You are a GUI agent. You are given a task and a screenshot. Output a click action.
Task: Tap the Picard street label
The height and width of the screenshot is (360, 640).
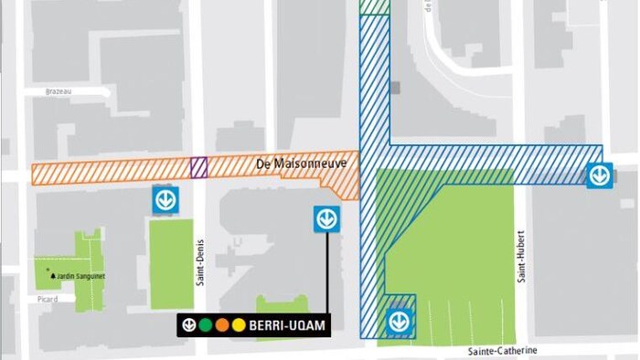coord(48,299)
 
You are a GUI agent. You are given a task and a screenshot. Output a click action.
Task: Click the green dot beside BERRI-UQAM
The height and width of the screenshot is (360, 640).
coord(206,323)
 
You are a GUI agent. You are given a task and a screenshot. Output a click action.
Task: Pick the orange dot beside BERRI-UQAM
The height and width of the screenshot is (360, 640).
coord(222,323)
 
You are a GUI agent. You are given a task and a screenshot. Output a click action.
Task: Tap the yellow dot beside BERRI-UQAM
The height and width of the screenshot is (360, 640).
coord(238,323)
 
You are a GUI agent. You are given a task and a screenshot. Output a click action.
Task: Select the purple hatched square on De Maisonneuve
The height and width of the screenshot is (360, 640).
coord(198,167)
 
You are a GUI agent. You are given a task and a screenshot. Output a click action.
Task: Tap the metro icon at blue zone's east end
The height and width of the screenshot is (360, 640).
coord(599,173)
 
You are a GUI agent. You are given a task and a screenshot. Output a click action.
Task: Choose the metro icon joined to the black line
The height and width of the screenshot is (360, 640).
coord(326,218)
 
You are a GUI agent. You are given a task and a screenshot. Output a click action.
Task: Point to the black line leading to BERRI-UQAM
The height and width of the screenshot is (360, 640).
coord(326,274)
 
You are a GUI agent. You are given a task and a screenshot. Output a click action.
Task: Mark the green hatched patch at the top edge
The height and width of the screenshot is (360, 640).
coord(375,6)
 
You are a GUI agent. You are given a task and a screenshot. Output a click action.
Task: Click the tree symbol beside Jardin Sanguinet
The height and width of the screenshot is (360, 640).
coord(56,276)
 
